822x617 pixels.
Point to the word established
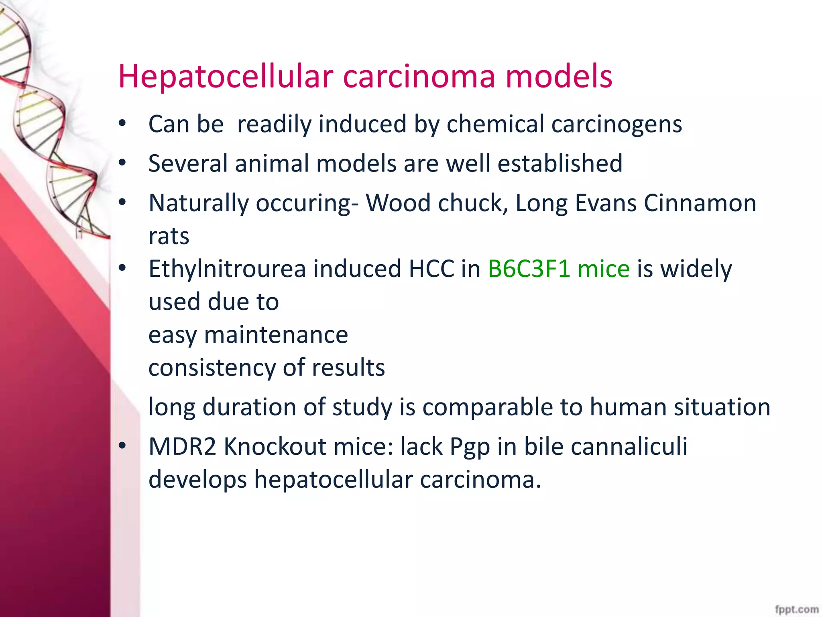pyautogui.click(x=560, y=163)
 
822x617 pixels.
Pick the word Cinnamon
pyautogui.click(x=700, y=203)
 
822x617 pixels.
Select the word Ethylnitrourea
pyautogui.click(x=227, y=269)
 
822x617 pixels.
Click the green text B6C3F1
pyautogui.click(x=529, y=269)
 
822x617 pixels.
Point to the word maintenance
pyautogui.click(x=276, y=335)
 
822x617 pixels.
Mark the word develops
pyautogui.click(x=197, y=480)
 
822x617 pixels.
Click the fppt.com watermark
pyautogui.click(x=797, y=609)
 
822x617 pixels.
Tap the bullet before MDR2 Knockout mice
pyautogui.click(x=122, y=445)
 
